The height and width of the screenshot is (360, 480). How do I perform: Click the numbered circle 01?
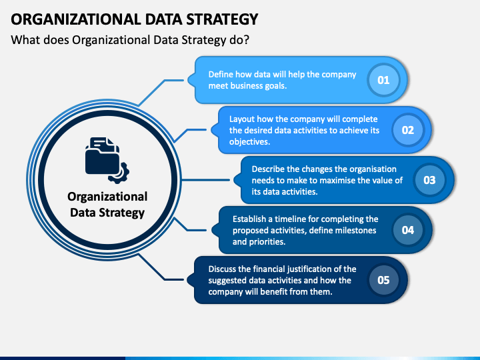pos(383,80)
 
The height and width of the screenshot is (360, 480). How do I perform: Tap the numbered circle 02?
pos(407,130)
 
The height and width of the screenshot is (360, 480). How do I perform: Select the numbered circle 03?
pos(429,180)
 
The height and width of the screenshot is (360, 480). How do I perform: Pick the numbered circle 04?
pos(407,230)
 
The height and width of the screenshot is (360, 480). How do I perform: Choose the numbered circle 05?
pos(383,280)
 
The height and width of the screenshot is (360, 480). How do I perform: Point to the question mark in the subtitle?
pos(246,40)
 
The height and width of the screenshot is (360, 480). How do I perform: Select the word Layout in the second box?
pos(243,119)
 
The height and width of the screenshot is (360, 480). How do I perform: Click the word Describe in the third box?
pos(268,169)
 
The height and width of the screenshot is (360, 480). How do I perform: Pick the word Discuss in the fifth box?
pos(223,269)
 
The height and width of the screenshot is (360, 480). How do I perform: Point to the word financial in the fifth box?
pos(273,269)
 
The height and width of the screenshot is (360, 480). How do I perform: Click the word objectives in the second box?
pos(249,142)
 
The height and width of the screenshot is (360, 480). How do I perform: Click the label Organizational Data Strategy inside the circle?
pos(107,205)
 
